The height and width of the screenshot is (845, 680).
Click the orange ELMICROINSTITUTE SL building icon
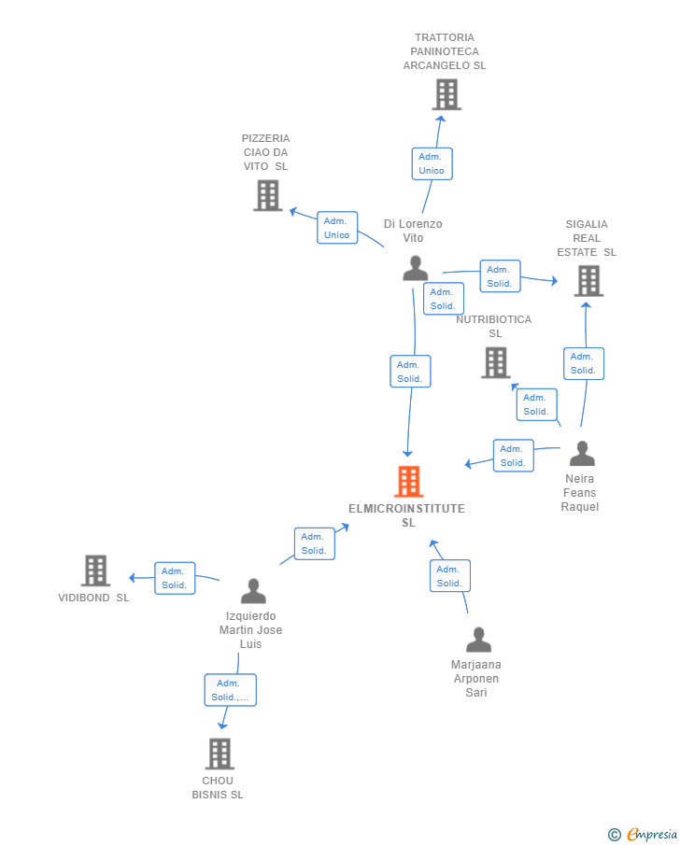tap(408, 482)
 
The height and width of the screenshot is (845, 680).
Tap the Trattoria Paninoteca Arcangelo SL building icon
tap(446, 94)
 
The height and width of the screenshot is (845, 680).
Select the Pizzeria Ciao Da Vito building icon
tap(268, 195)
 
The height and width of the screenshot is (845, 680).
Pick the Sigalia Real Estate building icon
tap(588, 280)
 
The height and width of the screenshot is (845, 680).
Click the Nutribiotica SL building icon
tap(496, 362)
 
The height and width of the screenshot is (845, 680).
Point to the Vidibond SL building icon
tap(95, 570)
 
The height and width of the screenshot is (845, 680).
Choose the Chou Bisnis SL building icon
tap(220, 753)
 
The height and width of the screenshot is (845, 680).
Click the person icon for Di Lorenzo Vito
tap(415, 268)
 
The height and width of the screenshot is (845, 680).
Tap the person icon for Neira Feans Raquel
tap(582, 454)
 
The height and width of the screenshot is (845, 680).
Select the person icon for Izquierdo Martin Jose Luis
tap(253, 591)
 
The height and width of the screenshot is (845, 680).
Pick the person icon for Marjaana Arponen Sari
tap(478, 640)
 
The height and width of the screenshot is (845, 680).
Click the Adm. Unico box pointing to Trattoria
tap(432, 163)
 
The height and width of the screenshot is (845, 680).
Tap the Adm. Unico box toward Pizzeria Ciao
tap(337, 228)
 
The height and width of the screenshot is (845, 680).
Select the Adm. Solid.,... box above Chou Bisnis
tap(230, 690)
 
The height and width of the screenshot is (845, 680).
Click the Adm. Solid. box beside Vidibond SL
tap(175, 578)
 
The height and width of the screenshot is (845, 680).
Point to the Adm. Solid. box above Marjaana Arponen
tap(449, 576)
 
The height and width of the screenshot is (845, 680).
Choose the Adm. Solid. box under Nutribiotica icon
tap(536, 404)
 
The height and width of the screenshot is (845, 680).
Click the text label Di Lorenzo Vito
tap(413, 231)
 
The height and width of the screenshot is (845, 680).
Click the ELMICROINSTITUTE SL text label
tap(406, 515)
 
